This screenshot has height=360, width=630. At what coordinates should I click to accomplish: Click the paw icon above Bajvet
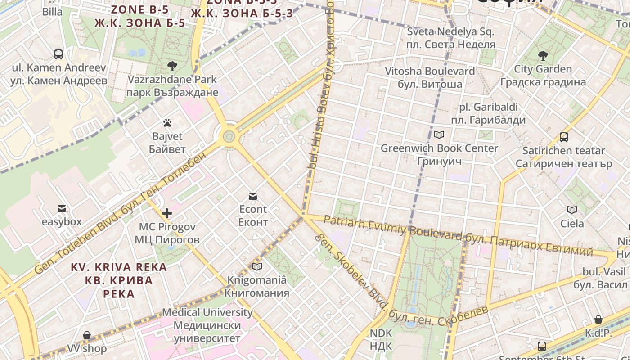(x=167, y=123)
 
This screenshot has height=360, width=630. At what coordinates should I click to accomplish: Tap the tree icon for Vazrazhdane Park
(x=172, y=67)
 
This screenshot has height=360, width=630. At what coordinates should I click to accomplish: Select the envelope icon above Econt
(x=253, y=196)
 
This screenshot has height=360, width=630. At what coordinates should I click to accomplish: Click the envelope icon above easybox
(x=62, y=209)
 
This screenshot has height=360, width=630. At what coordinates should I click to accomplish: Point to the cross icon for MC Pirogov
(x=167, y=213)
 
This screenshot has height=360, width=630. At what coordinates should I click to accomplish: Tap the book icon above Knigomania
(x=257, y=267)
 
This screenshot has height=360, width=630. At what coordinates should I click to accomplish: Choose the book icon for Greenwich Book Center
(x=439, y=135)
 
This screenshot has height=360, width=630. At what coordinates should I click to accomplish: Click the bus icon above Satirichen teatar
(x=564, y=137)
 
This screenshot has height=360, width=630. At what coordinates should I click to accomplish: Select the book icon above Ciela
(x=572, y=210)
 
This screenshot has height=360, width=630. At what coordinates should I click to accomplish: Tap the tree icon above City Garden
(x=543, y=56)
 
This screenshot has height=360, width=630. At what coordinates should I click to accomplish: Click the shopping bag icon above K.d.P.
(x=598, y=320)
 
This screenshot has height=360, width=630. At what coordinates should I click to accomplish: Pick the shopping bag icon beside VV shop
(x=87, y=336)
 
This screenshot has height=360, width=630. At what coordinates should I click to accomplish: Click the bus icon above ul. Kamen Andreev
(x=58, y=54)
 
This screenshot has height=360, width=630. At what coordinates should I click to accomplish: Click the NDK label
(x=381, y=340)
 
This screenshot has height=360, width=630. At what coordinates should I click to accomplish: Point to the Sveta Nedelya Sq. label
(x=450, y=38)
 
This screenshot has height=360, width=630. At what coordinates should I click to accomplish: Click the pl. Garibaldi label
(x=488, y=114)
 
